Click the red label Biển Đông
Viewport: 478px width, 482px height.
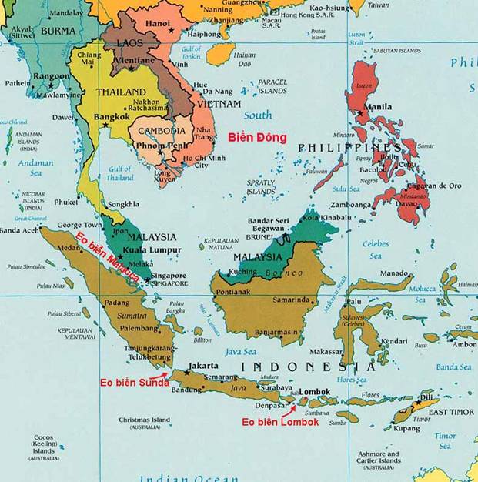point(257,138)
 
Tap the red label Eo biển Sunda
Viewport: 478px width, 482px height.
point(135,382)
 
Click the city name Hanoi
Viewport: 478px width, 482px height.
point(157,23)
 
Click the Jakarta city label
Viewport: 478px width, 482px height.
point(204,365)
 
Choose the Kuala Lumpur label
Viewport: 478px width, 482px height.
point(154,250)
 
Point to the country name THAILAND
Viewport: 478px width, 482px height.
point(121,92)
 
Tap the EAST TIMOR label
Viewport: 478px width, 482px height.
point(451,413)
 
